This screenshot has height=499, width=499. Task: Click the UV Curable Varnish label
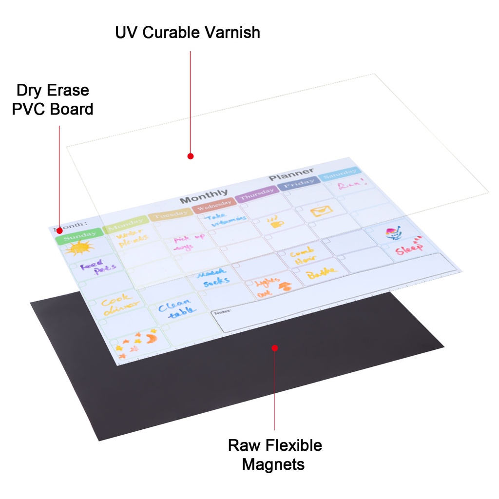[x=188, y=33]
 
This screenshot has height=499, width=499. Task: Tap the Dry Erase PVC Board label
[x=53, y=99]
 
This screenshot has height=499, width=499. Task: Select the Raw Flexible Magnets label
[x=274, y=454]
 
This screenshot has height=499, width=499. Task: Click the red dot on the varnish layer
[x=191, y=156]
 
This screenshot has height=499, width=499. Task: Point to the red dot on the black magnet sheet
[x=275, y=348]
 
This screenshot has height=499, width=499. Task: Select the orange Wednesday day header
[x=213, y=205]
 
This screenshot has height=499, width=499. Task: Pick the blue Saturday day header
[x=340, y=173]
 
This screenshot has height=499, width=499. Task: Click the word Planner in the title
[x=291, y=174]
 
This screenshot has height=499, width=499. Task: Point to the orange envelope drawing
[x=321, y=211]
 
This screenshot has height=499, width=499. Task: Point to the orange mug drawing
[x=276, y=222]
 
